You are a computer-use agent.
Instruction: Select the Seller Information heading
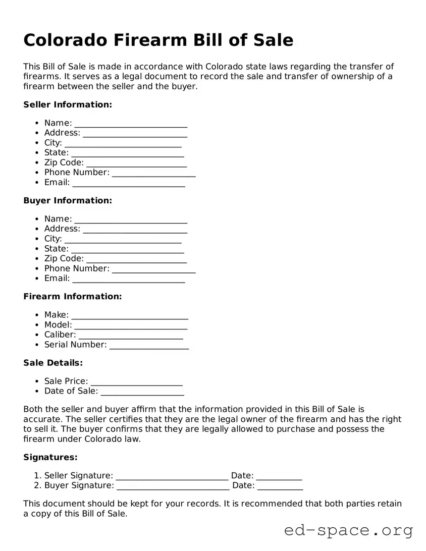pos(68,104)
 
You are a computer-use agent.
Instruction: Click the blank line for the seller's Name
pos(131,124)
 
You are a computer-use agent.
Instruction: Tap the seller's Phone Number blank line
pos(153,174)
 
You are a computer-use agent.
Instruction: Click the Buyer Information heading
pos(68,200)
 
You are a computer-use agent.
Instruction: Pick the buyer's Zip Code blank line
pos(136,259)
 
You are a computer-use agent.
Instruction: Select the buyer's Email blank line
pos(128,280)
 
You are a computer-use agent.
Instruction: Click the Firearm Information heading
pos(73,296)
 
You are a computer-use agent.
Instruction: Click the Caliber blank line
pos(131,336)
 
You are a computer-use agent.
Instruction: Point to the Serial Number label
pos(75,345)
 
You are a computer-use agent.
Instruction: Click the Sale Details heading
pos(53,363)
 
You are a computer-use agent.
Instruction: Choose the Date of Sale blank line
pos(142,392)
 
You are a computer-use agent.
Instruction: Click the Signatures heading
pos(50,457)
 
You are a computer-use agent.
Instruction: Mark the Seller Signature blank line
pos(172,477)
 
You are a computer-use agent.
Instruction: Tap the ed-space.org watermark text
pos(348,530)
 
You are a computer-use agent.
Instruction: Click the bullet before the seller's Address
pos(37,133)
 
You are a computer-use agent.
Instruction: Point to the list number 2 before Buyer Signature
pos(37,485)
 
